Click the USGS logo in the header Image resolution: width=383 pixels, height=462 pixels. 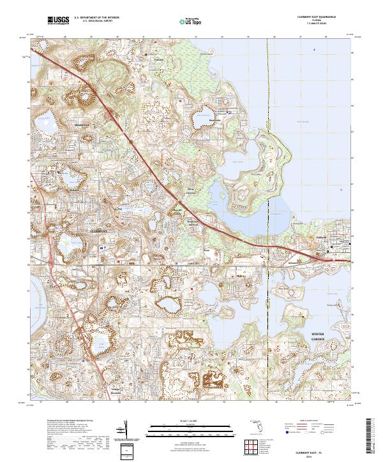[57, 21]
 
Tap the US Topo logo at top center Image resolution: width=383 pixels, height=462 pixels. [183, 22]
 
